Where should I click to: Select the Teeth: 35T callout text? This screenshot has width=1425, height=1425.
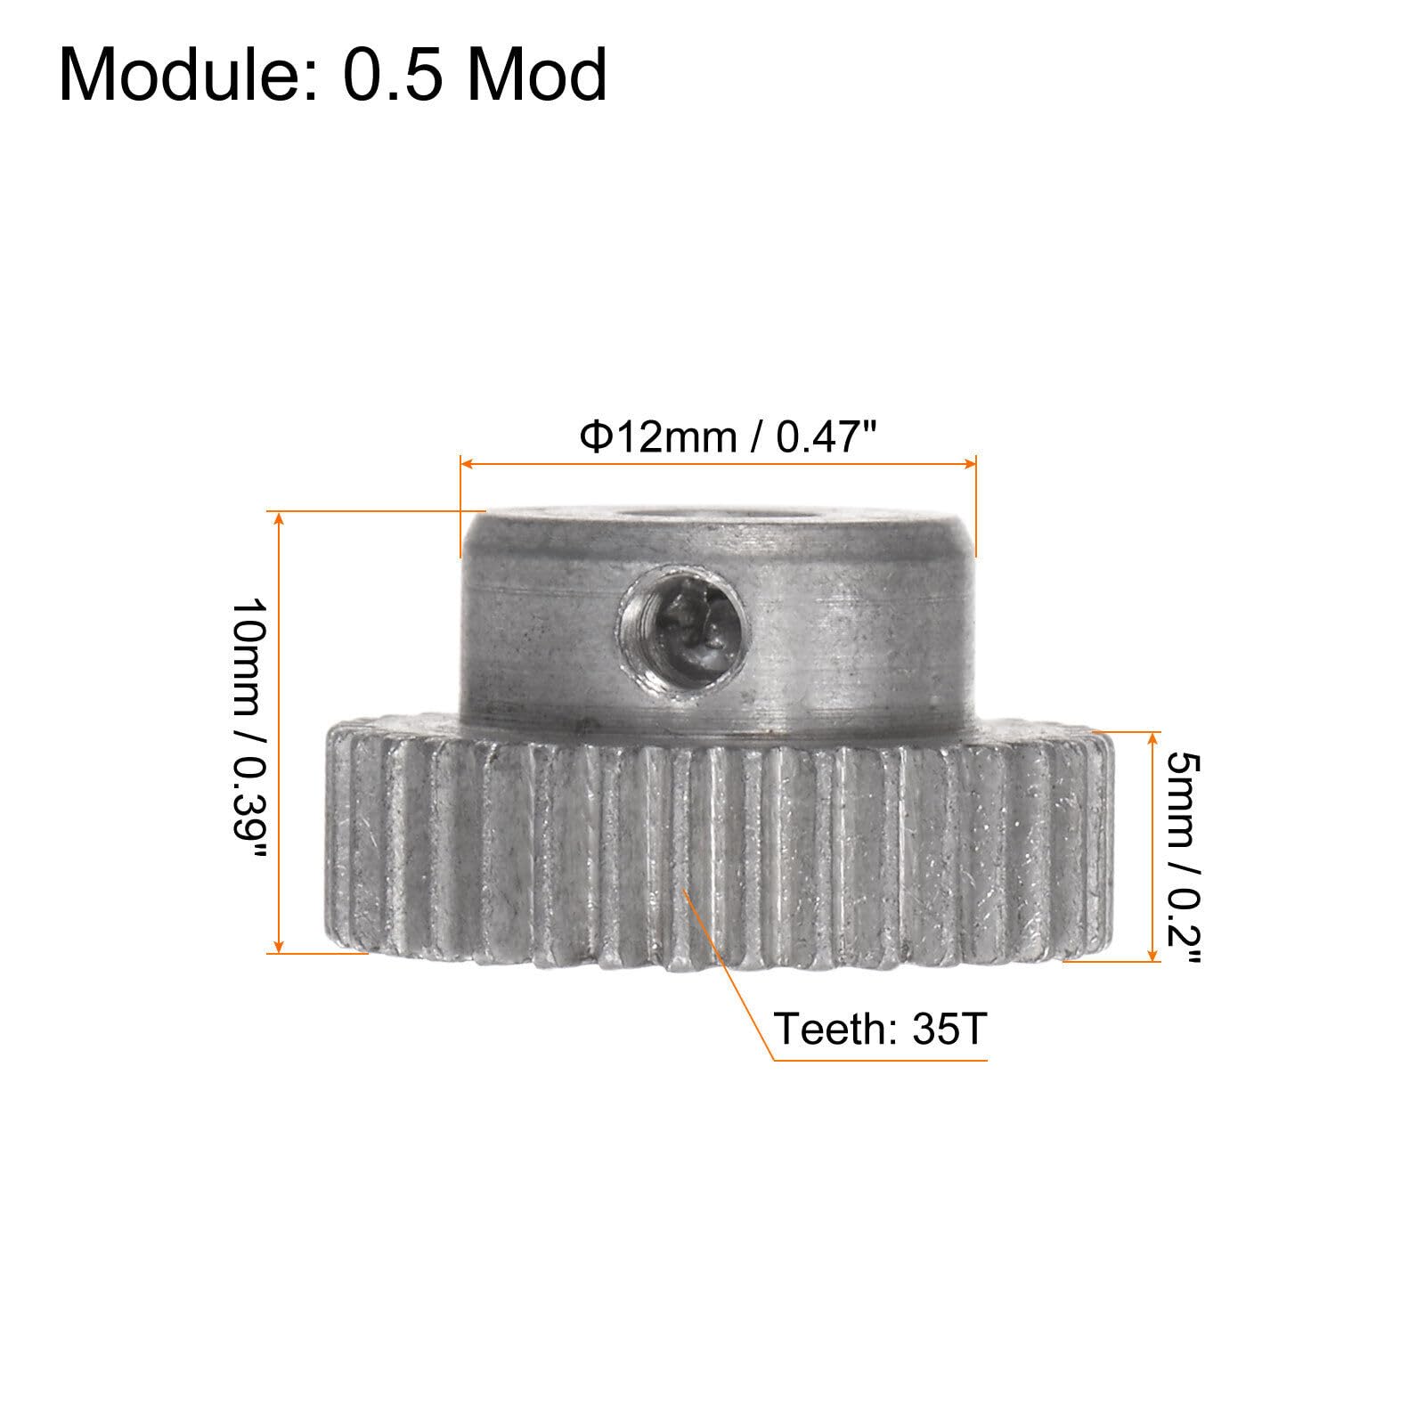(880, 1030)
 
